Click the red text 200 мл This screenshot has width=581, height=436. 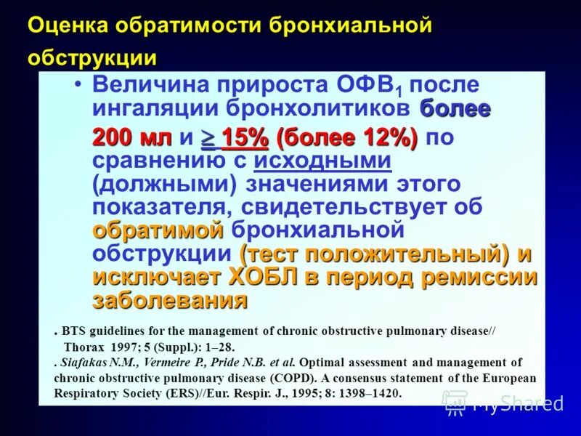(x=131, y=137)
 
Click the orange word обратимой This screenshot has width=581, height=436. (x=158, y=230)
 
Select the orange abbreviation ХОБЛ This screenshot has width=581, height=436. (x=261, y=277)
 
